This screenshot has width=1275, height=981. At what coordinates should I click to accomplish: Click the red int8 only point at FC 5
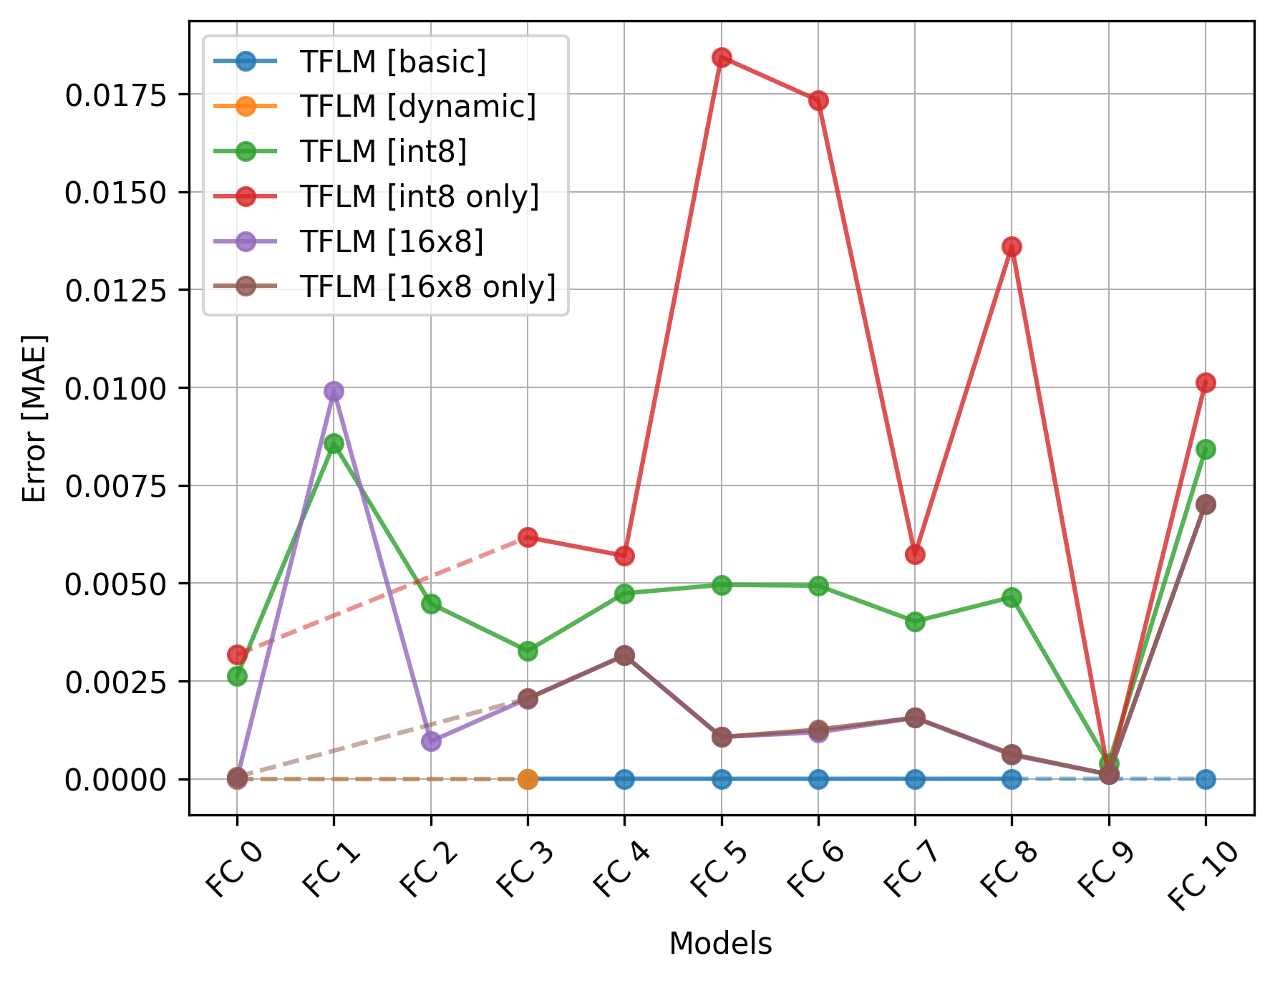[x=721, y=58]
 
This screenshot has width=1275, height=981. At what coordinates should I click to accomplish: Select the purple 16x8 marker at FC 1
[x=334, y=391]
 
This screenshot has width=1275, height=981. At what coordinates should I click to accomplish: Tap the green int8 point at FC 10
[x=1205, y=449]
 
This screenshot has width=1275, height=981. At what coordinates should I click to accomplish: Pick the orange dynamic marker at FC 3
[x=528, y=779]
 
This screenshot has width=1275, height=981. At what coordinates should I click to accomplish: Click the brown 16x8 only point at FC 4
[x=624, y=655]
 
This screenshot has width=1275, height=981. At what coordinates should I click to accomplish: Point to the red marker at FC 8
[x=1012, y=247]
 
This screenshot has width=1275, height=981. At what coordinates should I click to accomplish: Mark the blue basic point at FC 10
[x=1205, y=779]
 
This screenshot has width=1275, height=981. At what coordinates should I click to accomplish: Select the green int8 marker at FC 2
[x=431, y=604]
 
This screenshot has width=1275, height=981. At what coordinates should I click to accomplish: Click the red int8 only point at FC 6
[x=818, y=100]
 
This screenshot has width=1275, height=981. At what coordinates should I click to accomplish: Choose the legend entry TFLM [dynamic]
[x=417, y=107]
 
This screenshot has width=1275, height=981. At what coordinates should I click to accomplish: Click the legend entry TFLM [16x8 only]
[x=427, y=286]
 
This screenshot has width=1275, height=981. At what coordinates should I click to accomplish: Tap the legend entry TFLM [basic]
[x=392, y=62]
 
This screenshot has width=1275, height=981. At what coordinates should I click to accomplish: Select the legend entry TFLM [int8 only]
[x=419, y=196]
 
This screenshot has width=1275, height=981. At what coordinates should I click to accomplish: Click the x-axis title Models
[x=720, y=944]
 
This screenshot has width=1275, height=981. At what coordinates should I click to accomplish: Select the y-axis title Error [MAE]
[x=34, y=418]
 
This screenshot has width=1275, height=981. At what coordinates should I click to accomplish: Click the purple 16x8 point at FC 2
[x=431, y=741]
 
